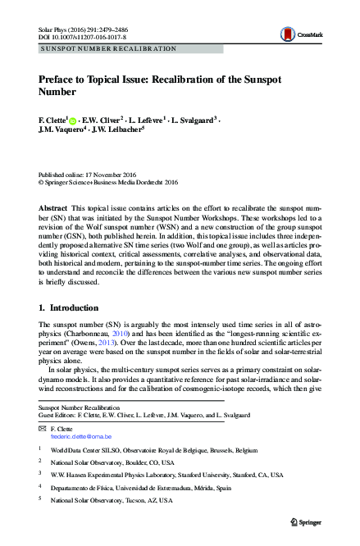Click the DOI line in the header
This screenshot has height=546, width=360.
point(75,36)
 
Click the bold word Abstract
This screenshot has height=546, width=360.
point(52,209)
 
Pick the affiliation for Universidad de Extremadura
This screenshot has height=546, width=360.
point(144,486)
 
